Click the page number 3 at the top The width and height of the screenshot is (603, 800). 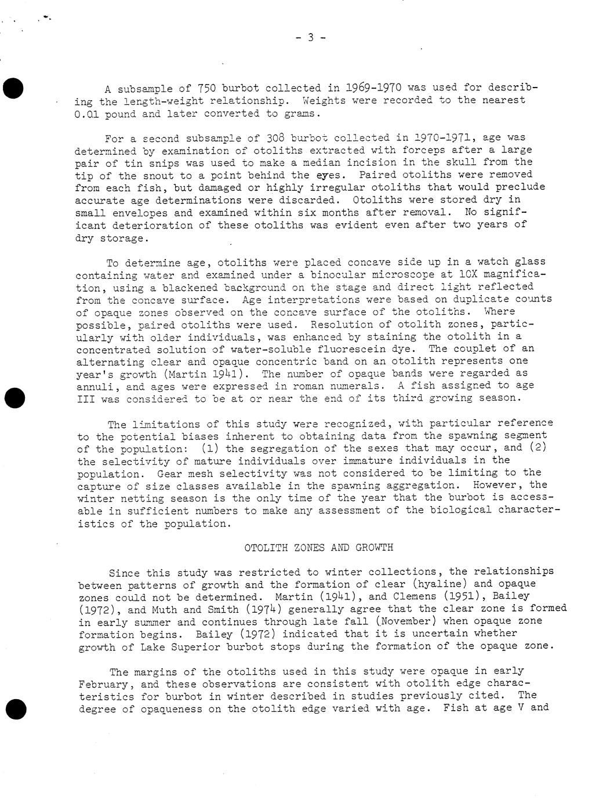click(x=310, y=38)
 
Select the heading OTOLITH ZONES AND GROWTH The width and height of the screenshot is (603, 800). click(x=318, y=548)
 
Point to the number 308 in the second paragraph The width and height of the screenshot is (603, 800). click(x=274, y=138)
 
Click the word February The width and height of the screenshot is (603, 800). click(x=103, y=684)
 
